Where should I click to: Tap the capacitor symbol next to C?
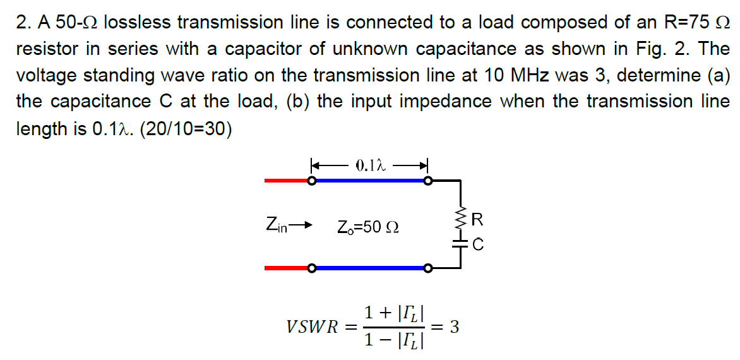click(460, 243)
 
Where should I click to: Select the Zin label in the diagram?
click(276, 224)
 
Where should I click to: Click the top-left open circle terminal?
click(311, 181)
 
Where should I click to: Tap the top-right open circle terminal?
click(428, 181)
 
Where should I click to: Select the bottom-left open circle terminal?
click(311, 268)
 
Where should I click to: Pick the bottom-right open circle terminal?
click(428, 268)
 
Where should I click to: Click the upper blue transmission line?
click(369, 181)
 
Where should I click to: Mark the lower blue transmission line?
click(369, 268)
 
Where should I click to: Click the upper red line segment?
click(285, 181)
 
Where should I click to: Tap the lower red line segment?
click(285, 268)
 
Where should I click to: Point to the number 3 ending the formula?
click(453, 327)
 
